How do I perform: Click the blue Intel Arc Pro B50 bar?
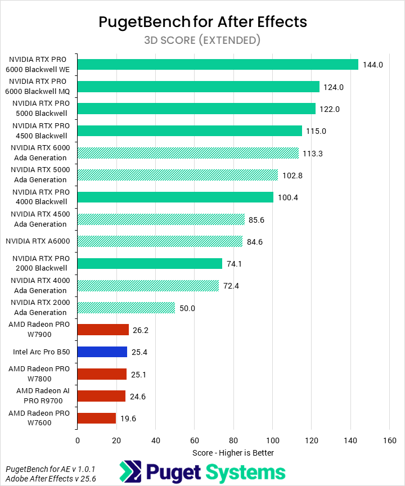coord(102,352)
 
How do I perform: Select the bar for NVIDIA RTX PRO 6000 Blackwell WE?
coord(218,65)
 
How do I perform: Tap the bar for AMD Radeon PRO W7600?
coord(97,418)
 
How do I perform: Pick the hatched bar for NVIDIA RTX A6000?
coord(160,242)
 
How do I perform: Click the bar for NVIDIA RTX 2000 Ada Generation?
coord(126,308)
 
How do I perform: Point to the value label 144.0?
coord(373,65)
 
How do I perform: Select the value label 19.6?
coord(129,418)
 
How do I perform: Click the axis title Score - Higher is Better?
coord(233,452)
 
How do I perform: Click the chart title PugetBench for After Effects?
coord(202,22)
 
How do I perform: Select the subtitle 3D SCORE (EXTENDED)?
coord(202,40)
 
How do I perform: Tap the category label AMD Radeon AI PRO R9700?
coord(39,396)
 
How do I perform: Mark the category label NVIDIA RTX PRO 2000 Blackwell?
coord(39,263)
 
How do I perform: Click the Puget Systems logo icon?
coord(131,472)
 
